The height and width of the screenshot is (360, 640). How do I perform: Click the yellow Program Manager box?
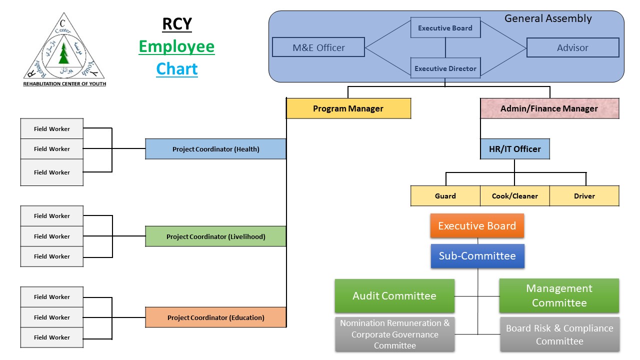(348, 108)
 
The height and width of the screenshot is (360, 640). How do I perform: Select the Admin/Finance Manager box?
(549, 108)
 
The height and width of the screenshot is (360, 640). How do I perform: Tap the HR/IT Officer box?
(515, 149)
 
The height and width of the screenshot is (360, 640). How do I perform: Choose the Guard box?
(445, 196)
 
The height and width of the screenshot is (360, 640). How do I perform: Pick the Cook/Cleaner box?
(515, 196)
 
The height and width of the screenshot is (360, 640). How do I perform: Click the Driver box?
(584, 196)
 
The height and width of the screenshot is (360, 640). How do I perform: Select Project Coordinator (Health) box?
(215, 149)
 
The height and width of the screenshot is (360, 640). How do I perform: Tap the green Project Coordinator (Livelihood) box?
(215, 236)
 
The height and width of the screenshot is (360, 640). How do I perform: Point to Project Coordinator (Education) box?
(215, 317)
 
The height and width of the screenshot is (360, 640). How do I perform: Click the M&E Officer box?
(318, 47)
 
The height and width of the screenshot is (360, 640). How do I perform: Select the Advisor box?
(572, 47)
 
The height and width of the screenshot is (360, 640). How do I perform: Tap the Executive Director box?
(445, 68)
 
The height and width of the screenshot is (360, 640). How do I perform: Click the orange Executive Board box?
(477, 226)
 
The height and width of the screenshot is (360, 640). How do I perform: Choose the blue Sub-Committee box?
(477, 256)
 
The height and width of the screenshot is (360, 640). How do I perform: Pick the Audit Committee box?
(394, 296)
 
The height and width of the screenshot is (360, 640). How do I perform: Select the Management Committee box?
(559, 295)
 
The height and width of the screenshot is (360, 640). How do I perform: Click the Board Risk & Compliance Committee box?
(559, 334)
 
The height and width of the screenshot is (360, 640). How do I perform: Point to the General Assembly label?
(548, 18)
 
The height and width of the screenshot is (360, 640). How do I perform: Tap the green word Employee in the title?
(176, 46)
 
